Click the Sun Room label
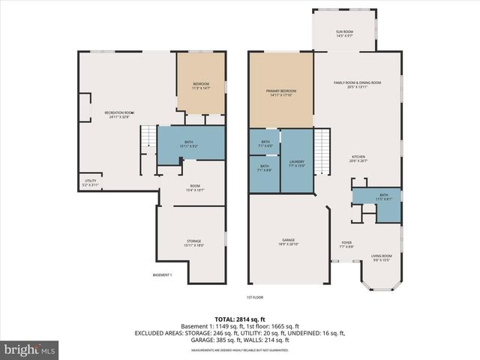[x=344, y=33]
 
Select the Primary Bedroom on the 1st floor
[x=280, y=91]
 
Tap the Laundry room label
[x=296, y=163]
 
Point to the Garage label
[x=288, y=242]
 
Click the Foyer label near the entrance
[x=346, y=244]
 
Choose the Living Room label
[x=382, y=259]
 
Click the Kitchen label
[x=358, y=157]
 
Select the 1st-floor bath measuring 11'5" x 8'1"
[x=384, y=197]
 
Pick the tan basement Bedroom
[x=200, y=85]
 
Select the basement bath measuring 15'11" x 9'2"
[x=193, y=143]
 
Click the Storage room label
[x=193, y=242]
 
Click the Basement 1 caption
[x=162, y=275]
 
